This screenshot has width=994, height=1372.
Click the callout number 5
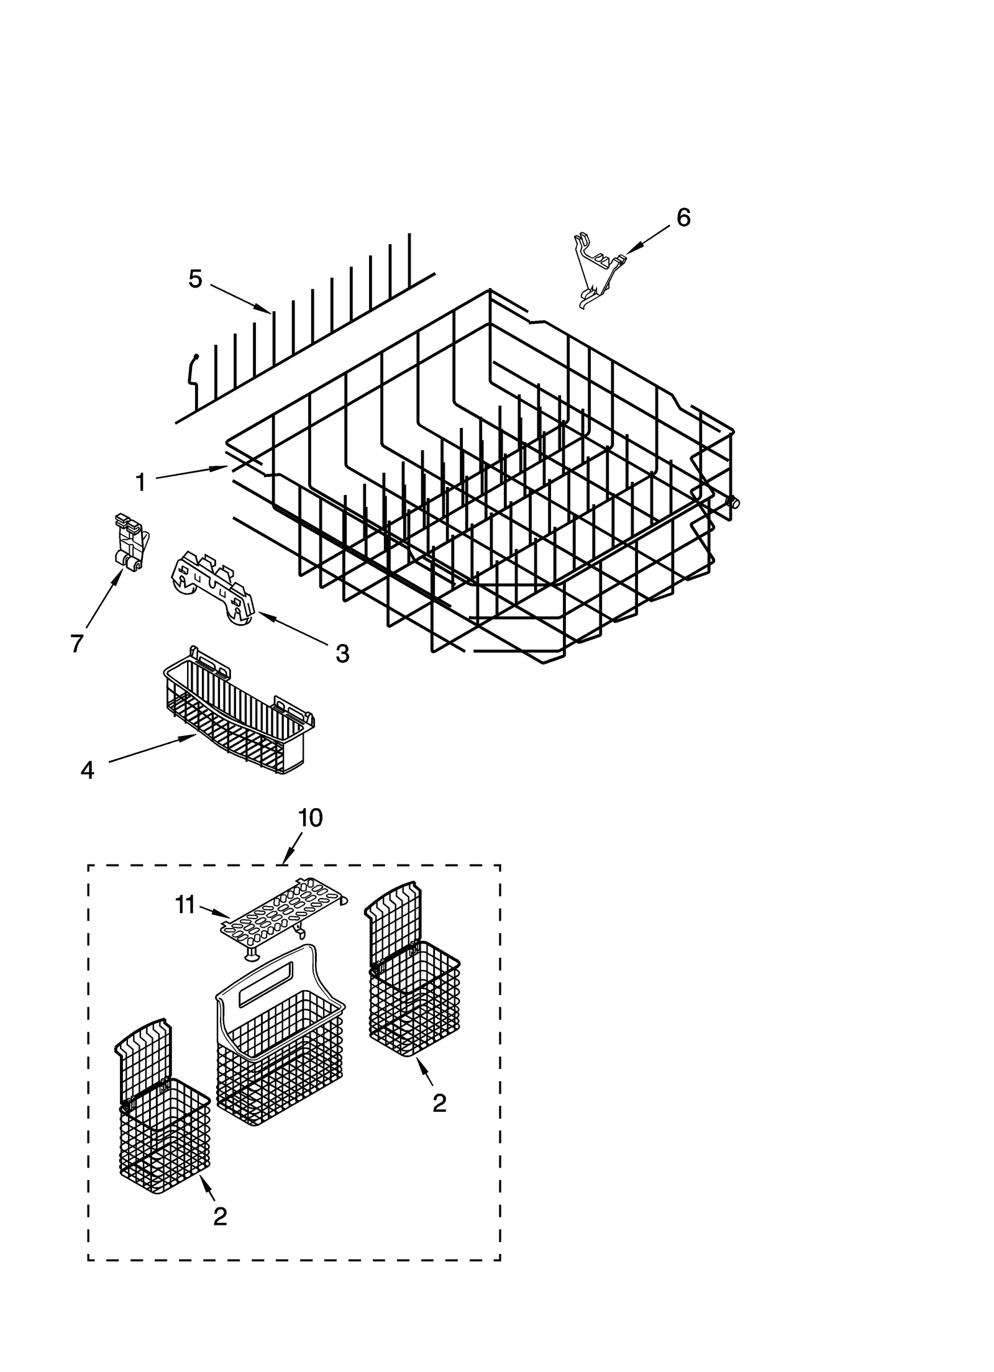pos(195,279)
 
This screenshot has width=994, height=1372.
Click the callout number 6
pos(683,217)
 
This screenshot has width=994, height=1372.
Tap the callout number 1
pos(140,482)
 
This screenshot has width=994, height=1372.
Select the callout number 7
pos(76,644)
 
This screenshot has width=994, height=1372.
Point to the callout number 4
pos(87,770)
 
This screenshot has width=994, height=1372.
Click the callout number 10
pos(311,818)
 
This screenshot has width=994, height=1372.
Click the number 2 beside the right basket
pos(439,1103)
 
